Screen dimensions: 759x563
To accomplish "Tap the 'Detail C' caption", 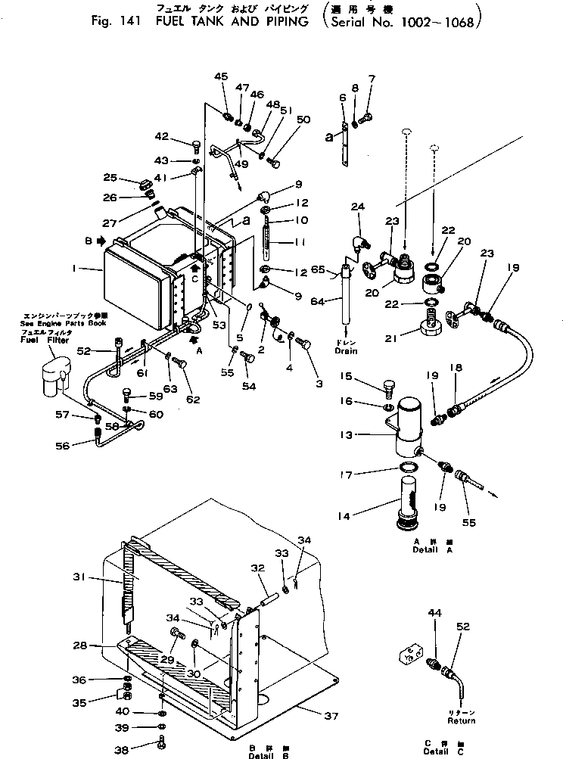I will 437,751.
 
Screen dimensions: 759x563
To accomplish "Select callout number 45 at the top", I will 220,76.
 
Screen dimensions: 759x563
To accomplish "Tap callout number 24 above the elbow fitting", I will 357,206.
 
